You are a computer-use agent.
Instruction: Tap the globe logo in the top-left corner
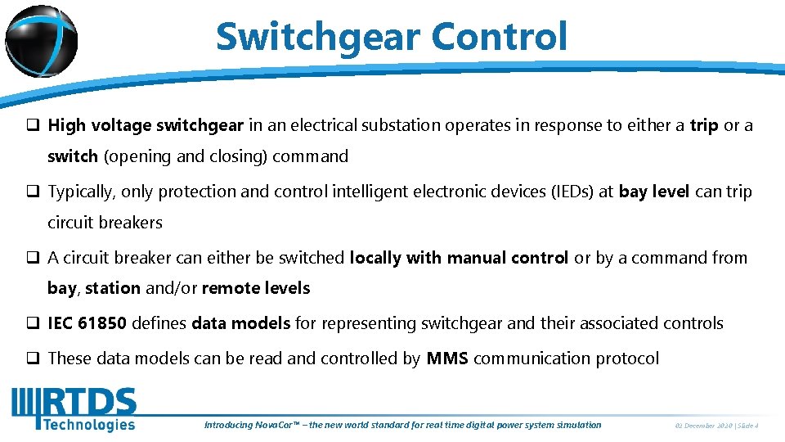tap(41, 41)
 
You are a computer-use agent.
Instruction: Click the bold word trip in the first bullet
tap(704, 125)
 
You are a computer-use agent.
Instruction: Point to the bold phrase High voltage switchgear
tap(146, 125)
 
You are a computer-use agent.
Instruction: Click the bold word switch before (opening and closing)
tap(73, 156)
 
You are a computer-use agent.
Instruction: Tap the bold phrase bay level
tap(655, 192)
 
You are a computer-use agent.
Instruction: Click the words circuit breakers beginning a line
tap(105, 223)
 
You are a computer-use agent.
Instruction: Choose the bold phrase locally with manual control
tap(459, 258)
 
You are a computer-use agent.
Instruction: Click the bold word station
tap(113, 288)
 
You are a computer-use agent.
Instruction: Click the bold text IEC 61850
tap(87, 323)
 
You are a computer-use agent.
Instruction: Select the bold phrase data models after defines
tap(241, 323)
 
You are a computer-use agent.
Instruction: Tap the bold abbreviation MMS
tap(447, 359)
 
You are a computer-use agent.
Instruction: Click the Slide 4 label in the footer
tap(749, 426)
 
